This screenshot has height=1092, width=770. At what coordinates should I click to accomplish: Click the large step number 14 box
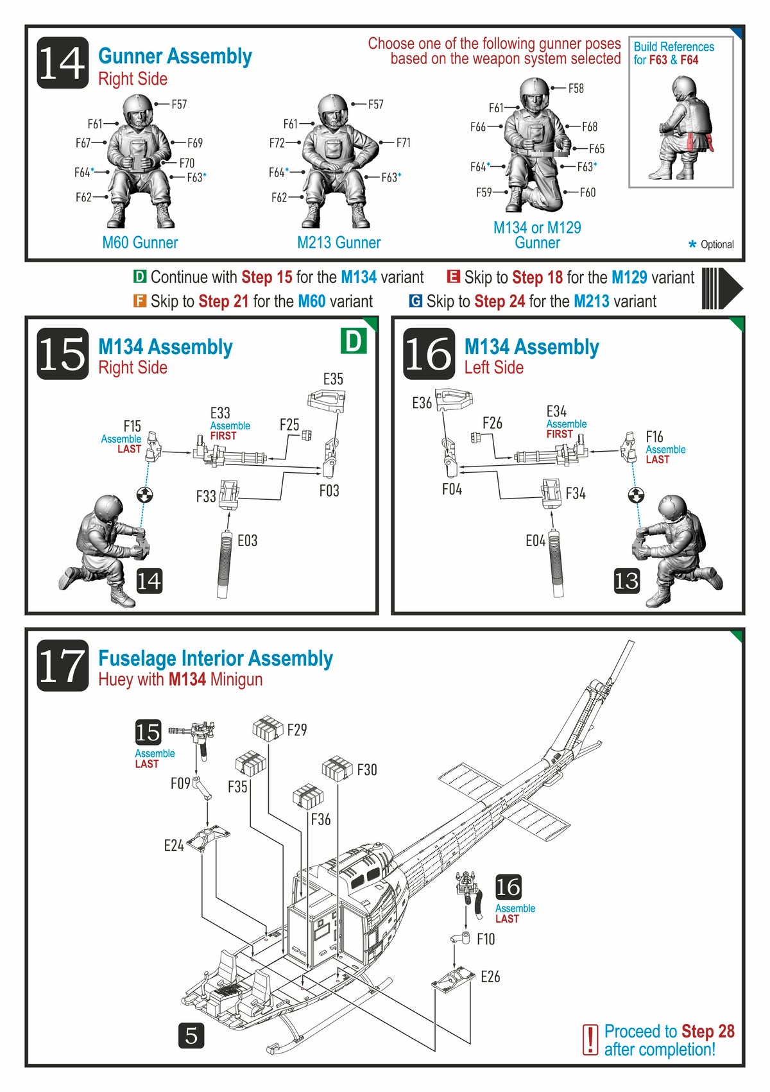pos(62,62)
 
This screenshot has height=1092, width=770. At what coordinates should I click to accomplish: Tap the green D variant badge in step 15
pos(353,341)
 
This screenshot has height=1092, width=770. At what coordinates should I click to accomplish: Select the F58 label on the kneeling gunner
pos(576,89)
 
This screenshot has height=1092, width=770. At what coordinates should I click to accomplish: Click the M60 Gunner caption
pos(140,243)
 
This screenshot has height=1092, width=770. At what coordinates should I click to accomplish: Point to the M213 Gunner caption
pos(339,243)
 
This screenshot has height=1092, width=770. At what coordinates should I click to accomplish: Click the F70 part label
pos(187,163)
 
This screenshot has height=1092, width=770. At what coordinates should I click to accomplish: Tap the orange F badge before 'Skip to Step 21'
pos(139,301)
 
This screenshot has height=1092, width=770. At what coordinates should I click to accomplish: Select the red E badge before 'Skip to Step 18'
pos(453,277)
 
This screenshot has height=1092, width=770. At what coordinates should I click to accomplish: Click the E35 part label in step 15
pos(333,379)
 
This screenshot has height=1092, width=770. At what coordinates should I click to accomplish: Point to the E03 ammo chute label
pos(247,541)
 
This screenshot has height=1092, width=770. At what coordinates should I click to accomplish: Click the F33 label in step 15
pos(206,496)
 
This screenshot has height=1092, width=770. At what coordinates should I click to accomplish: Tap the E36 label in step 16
pos(422,403)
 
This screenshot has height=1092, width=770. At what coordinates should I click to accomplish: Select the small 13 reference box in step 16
pos(626,581)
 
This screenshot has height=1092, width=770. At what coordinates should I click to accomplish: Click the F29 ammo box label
pos(297,730)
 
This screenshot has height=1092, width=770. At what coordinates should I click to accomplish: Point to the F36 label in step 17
pos(321,819)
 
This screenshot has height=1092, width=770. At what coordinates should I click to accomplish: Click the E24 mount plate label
pos(174,846)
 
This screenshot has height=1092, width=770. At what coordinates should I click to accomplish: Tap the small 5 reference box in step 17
pos(191,1036)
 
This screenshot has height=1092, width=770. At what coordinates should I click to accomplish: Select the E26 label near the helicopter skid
pos(490,977)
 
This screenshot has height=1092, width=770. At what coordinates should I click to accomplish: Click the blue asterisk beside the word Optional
pos(692,244)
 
